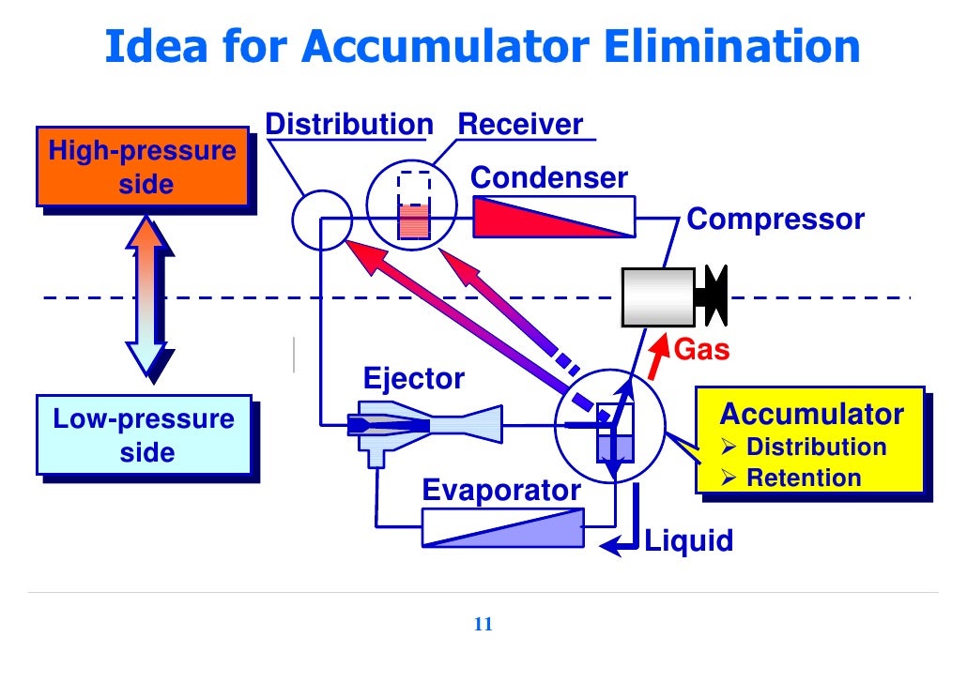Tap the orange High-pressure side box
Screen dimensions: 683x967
pos(143,168)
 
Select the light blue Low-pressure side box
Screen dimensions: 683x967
pos(143,435)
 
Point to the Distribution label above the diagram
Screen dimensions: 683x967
pos(348,125)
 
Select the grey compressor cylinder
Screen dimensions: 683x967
pos(658,296)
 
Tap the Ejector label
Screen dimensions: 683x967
pos(413,379)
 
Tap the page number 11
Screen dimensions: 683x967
pos(483,627)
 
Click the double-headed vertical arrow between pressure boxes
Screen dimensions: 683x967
pos(148,296)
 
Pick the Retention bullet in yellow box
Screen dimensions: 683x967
pos(803,478)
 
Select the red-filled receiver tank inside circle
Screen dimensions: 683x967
pos(413,221)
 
